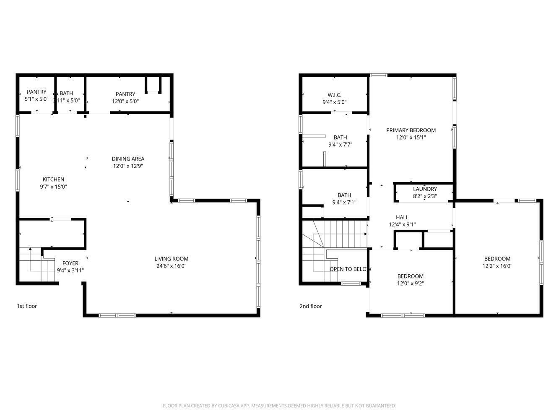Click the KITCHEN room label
[53, 179]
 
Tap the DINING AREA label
[128, 159]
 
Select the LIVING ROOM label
[171, 259]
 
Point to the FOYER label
[70, 263]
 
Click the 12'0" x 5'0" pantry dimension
[125, 101]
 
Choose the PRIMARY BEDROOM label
[411, 130]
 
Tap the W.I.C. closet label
[334, 95]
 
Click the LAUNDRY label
[425, 189]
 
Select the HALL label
[402, 217]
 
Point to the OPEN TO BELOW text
[350, 269]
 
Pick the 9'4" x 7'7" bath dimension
[340, 144]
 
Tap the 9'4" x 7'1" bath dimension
[344, 202]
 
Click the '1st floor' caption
[27, 306]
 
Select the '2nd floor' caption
[310, 306]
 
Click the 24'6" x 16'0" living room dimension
[171, 266]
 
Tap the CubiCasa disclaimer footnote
[279, 406]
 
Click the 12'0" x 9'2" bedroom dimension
[410, 283]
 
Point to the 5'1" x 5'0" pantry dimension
[37, 100]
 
